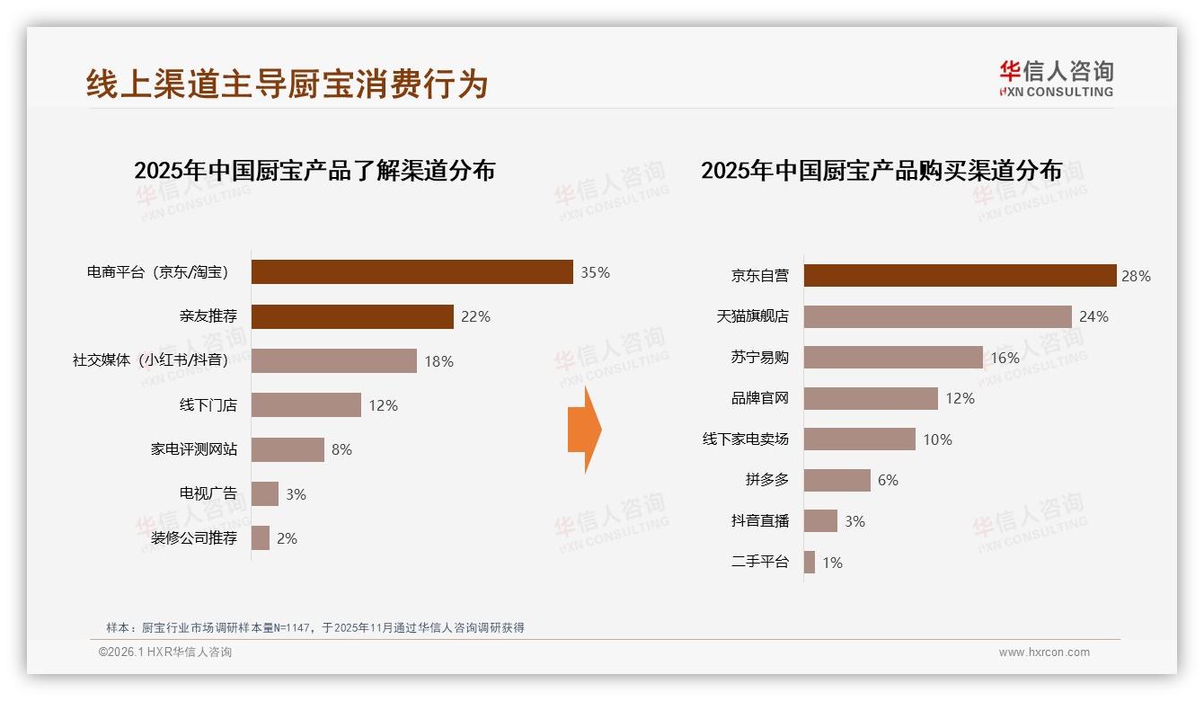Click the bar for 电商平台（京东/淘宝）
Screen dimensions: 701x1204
(x=412, y=272)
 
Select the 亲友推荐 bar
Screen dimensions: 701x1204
(x=352, y=316)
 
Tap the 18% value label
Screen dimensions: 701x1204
(x=438, y=361)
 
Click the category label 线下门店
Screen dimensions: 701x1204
(x=208, y=405)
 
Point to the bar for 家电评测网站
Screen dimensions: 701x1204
(x=288, y=449)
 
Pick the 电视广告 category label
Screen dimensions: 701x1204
(x=208, y=493)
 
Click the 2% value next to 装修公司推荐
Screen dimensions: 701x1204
(x=287, y=538)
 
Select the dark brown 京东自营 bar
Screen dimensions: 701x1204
(x=960, y=276)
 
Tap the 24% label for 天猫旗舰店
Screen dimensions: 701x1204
(x=1093, y=316)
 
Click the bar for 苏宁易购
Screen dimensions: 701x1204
(x=893, y=358)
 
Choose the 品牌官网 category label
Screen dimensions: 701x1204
(x=759, y=398)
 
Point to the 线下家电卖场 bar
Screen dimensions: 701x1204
(x=859, y=439)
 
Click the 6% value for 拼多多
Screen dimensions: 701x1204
(x=888, y=480)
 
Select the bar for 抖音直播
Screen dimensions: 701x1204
(x=820, y=521)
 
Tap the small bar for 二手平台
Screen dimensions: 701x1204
(x=810, y=563)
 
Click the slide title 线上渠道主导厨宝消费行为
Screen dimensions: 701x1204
(x=287, y=84)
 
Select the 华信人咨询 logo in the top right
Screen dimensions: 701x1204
(x=1056, y=78)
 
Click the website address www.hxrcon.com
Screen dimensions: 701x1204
(x=1044, y=652)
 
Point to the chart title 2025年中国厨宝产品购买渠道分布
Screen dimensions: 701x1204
(x=881, y=171)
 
